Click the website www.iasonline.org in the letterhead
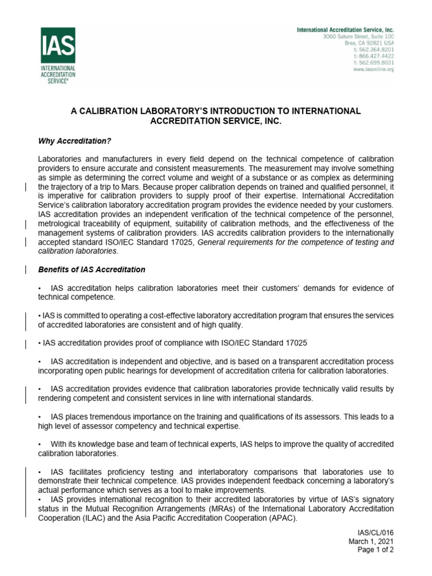coord(373,69)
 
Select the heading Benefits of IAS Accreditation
coord(91,269)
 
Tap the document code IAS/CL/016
coord(376,532)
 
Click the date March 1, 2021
coord(371,541)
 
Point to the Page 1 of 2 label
coord(376,550)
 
